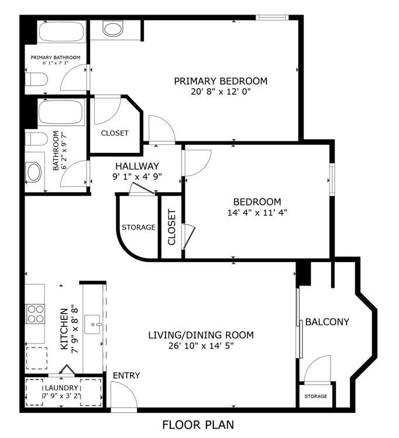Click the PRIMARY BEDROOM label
[221, 81]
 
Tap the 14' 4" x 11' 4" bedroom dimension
[257, 213]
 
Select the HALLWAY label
[137, 166]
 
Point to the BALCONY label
[327, 322]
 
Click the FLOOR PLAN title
[198, 425]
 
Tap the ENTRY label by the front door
[126, 376]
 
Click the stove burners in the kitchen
[35, 314]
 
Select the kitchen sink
[92, 324]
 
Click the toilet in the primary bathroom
[36, 79]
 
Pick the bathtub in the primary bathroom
[61, 32]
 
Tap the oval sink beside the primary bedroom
[113, 29]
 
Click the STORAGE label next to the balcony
[315, 396]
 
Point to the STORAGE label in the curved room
[139, 227]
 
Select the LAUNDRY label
[61, 388]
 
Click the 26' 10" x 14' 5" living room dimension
[201, 346]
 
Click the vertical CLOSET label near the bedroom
[171, 227]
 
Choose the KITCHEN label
[64, 329]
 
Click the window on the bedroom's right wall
[332, 179]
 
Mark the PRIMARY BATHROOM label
[56, 58]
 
